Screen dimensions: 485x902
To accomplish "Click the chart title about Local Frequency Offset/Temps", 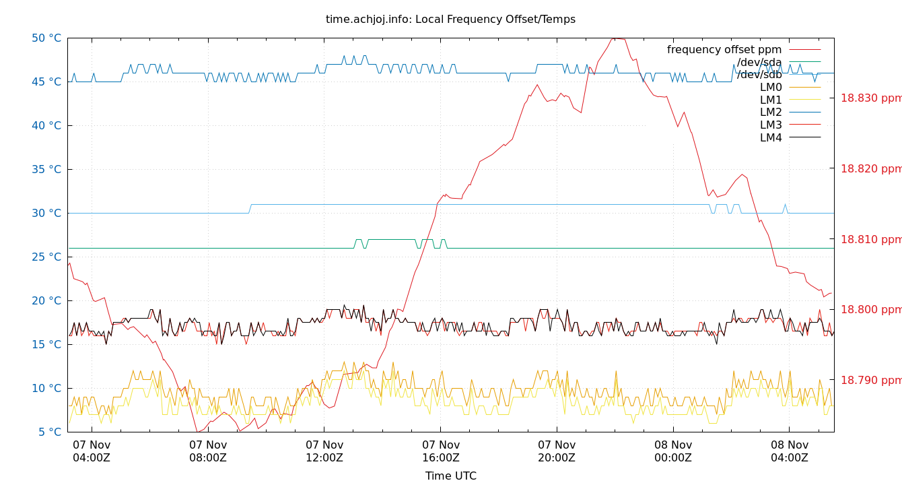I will (x=450, y=20).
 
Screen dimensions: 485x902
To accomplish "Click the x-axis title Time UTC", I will (x=450, y=476).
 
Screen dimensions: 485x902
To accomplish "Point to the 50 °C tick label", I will (x=46, y=38).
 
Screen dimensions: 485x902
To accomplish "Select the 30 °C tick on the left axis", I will (x=46, y=214).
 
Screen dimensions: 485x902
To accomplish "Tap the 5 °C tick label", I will (x=48, y=432).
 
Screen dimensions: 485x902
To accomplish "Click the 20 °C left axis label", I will (x=46, y=301).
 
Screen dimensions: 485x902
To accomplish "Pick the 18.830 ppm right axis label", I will (x=870, y=98).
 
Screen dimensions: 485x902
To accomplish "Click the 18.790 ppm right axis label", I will (x=870, y=381).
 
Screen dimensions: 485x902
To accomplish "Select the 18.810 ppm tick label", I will (x=870, y=239).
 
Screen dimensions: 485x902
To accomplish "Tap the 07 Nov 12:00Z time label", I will (x=324, y=451).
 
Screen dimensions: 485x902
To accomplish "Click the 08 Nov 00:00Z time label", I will (x=673, y=451).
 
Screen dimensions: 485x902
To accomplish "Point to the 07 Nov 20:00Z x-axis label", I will (x=557, y=451).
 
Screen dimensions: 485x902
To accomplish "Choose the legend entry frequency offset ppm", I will (x=724, y=50).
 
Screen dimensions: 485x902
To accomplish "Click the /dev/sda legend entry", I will (x=759, y=63).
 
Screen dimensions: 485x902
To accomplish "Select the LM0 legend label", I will (x=771, y=88).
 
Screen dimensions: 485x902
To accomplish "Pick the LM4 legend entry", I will (x=771, y=138).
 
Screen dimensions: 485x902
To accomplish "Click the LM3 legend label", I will (x=771, y=125).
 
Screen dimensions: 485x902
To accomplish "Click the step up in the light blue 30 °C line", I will (x=250, y=208).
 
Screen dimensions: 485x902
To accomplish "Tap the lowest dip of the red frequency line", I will (x=197, y=432).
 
